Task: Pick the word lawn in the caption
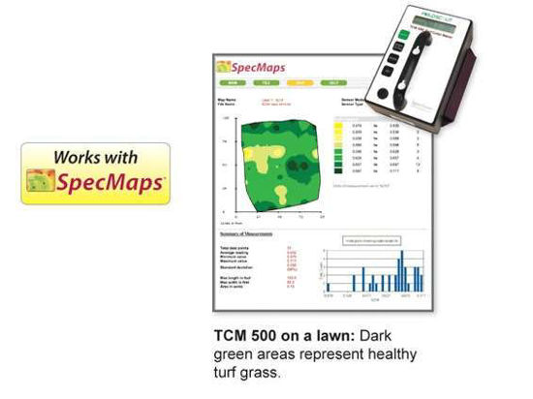point(329,336)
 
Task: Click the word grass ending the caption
point(265,371)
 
